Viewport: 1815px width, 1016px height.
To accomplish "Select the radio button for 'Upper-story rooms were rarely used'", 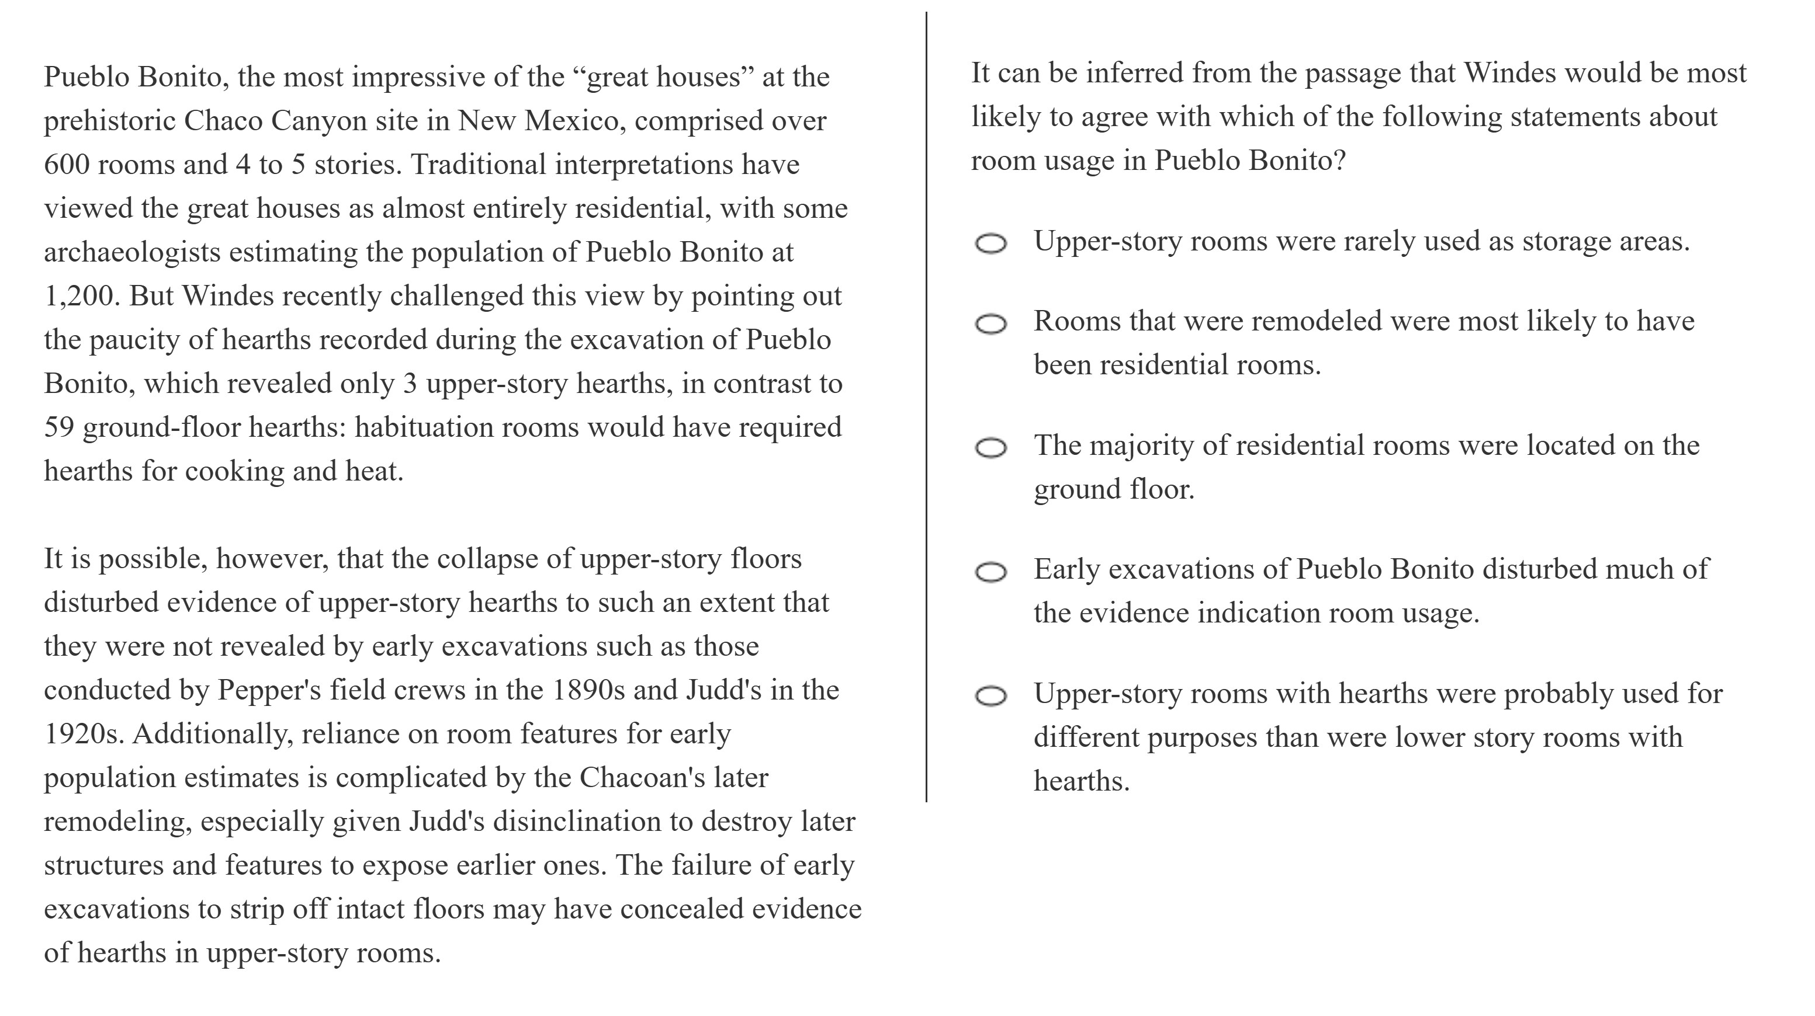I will click(x=990, y=243).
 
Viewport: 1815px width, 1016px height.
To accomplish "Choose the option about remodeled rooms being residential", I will click(x=990, y=324).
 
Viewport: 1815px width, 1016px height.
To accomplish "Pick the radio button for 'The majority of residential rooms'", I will click(x=990, y=448).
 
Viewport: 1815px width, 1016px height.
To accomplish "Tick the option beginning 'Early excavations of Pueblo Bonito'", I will click(x=990, y=572).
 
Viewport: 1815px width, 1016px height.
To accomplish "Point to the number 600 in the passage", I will click(x=66, y=165).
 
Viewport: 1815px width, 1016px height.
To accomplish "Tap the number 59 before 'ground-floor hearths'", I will click(x=59, y=427).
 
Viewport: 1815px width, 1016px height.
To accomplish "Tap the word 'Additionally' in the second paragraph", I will click(x=213, y=733).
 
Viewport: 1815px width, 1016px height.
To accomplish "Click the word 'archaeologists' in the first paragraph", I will click(x=131, y=252).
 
